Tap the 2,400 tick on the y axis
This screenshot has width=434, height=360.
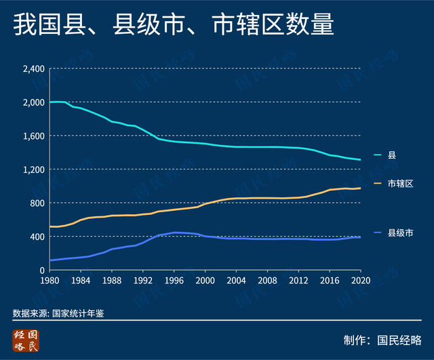(x=33, y=68)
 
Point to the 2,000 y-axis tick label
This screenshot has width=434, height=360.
(x=33, y=102)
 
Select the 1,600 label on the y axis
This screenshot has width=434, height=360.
(x=33, y=136)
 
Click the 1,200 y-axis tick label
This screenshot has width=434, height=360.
(x=33, y=169)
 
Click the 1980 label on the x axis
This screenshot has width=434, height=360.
(x=50, y=280)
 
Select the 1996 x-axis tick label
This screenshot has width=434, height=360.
(x=174, y=280)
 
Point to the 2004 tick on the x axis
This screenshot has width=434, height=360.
(x=236, y=280)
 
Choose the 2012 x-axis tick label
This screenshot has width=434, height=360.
(x=298, y=280)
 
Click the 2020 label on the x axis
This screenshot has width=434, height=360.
(x=360, y=280)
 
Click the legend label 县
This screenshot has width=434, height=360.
(x=391, y=155)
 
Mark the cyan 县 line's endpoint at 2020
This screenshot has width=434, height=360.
(x=360, y=160)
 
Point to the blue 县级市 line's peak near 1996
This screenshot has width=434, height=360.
(x=174, y=233)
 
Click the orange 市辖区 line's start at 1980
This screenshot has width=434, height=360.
(x=50, y=226)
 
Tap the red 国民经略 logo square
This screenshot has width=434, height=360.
(x=26, y=341)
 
